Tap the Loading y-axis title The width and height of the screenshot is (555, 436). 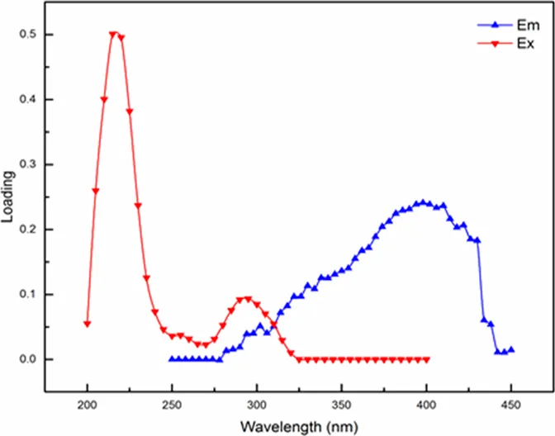[x=10, y=197]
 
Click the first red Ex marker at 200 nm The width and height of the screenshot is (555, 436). [x=87, y=324]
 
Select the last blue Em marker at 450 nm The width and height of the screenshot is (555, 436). [x=511, y=350]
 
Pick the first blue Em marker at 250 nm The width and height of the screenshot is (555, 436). [x=172, y=359]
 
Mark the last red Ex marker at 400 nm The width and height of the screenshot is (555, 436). [x=426, y=360]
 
